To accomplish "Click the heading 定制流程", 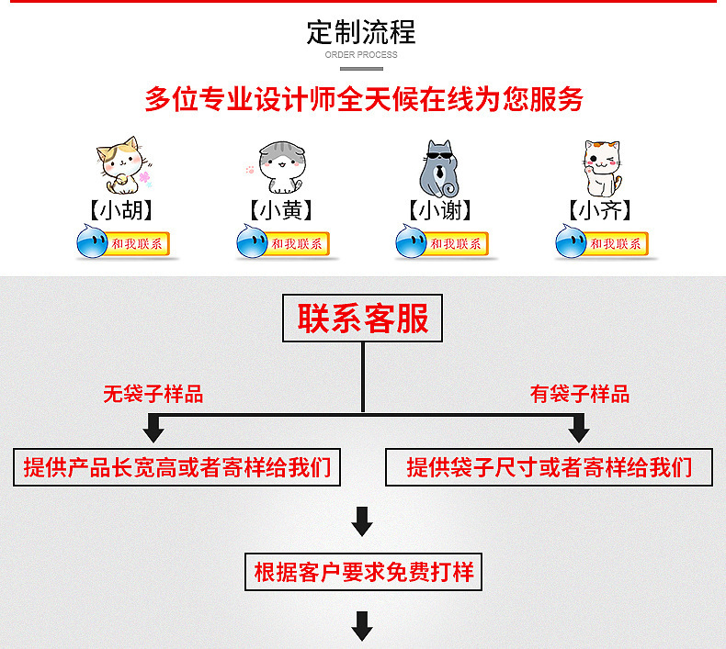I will pos(361,32).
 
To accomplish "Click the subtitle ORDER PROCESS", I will pos(361,55).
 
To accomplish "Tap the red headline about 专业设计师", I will pos(363,99).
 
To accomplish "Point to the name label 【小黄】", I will pos(280,211).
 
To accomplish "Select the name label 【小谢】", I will pos(439,211).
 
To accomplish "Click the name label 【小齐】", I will pos(600,211).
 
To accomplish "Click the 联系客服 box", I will pos(362,320).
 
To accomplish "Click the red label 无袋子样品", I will pos(153,395).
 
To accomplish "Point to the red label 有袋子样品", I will pos(580,395).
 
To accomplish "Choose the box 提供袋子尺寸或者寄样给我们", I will pos(550,467).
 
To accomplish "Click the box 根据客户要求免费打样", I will pos(363,572).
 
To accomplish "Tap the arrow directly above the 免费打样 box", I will pos(363,520).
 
